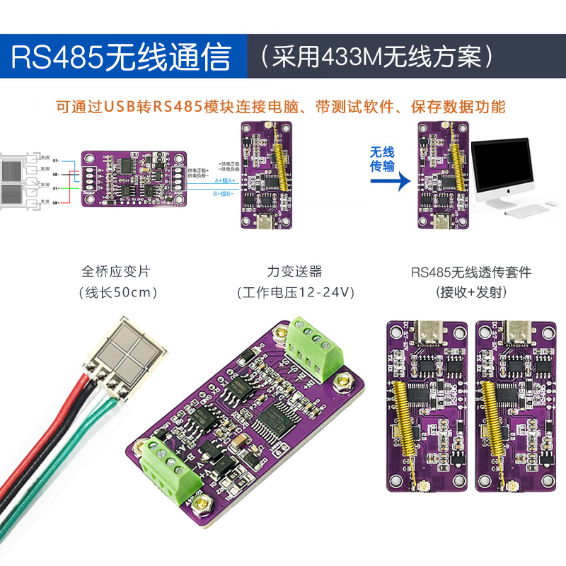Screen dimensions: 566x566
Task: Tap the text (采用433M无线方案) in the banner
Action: pyautogui.click(x=374, y=57)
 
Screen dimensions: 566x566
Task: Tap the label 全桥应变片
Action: pyautogui.click(x=116, y=271)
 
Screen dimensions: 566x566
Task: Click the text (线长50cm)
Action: pyautogui.click(x=116, y=292)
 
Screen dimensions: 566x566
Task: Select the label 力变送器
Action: pyautogui.click(x=294, y=271)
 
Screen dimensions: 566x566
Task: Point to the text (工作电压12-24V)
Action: pyautogui.click(x=294, y=292)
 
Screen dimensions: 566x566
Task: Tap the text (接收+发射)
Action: pyautogui.click(x=470, y=291)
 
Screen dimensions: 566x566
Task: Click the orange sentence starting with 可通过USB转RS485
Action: pyautogui.click(x=282, y=107)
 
